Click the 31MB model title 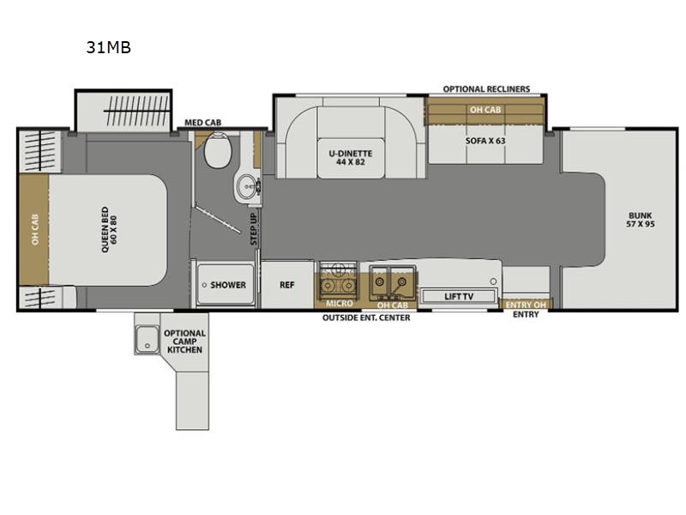pyautogui.click(x=109, y=47)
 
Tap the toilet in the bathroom pyautogui.click(x=218, y=150)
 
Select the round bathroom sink pyautogui.click(x=248, y=187)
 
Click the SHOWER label pyautogui.click(x=228, y=285)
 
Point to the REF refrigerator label pyautogui.click(x=287, y=285)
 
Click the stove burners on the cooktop pyautogui.click(x=337, y=281)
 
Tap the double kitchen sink pyautogui.click(x=392, y=282)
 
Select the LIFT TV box pyautogui.click(x=459, y=296)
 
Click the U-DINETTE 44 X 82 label pyautogui.click(x=351, y=158)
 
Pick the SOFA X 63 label pyautogui.click(x=485, y=141)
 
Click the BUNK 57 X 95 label pyautogui.click(x=640, y=220)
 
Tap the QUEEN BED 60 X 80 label pyautogui.click(x=109, y=230)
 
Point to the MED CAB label pyautogui.click(x=202, y=123)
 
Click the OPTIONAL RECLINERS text pyautogui.click(x=486, y=89)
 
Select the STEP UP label pyautogui.click(x=254, y=229)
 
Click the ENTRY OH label pyautogui.click(x=526, y=305)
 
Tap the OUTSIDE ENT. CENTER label pyautogui.click(x=366, y=318)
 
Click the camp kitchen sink pyautogui.click(x=147, y=339)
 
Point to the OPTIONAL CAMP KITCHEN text pyautogui.click(x=184, y=342)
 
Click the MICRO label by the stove pyautogui.click(x=339, y=303)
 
